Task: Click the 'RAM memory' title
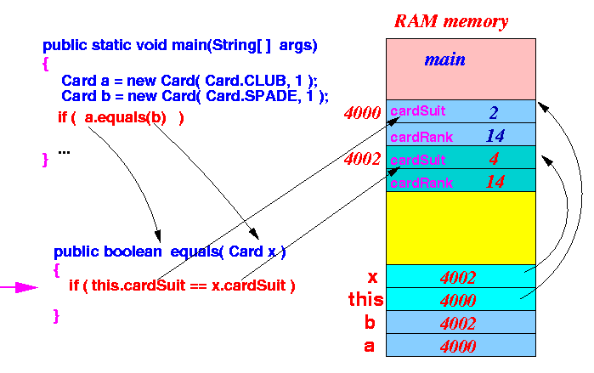pyautogui.click(x=451, y=21)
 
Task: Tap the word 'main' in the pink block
pyautogui.click(x=444, y=59)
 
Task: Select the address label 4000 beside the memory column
pyautogui.click(x=362, y=112)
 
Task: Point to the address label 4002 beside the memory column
pyautogui.click(x=362, y=159)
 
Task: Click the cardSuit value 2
pyautogui.click(x=494, y=112)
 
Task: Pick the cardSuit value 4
pyautogui.click(x=494, y=159)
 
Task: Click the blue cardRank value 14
pyautogui.click(x=495, y=136)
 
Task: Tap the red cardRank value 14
pyautogui.click(x=495, y=182)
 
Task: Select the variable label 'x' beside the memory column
pyautogui.click(x=373, y=278)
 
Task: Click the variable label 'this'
pyautogui.click(x=365, y=299)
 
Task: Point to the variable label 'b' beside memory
pyautogui.click(x=370, y=322)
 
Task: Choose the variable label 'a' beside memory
pyautogui.click(x=370, y=346)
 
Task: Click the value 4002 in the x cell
pyautogui.click(x=458, y=278)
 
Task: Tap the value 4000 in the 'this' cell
pyautogui.click(x=458, y=301)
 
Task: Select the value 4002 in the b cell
pyautogui.click(x=458, y=324)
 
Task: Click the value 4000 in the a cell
pyautogui.click(x=458, y=346)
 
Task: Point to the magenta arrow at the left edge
pyautogui.click(x=19, y=287)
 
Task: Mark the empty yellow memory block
pyautogui.click(x=461, y=228)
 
